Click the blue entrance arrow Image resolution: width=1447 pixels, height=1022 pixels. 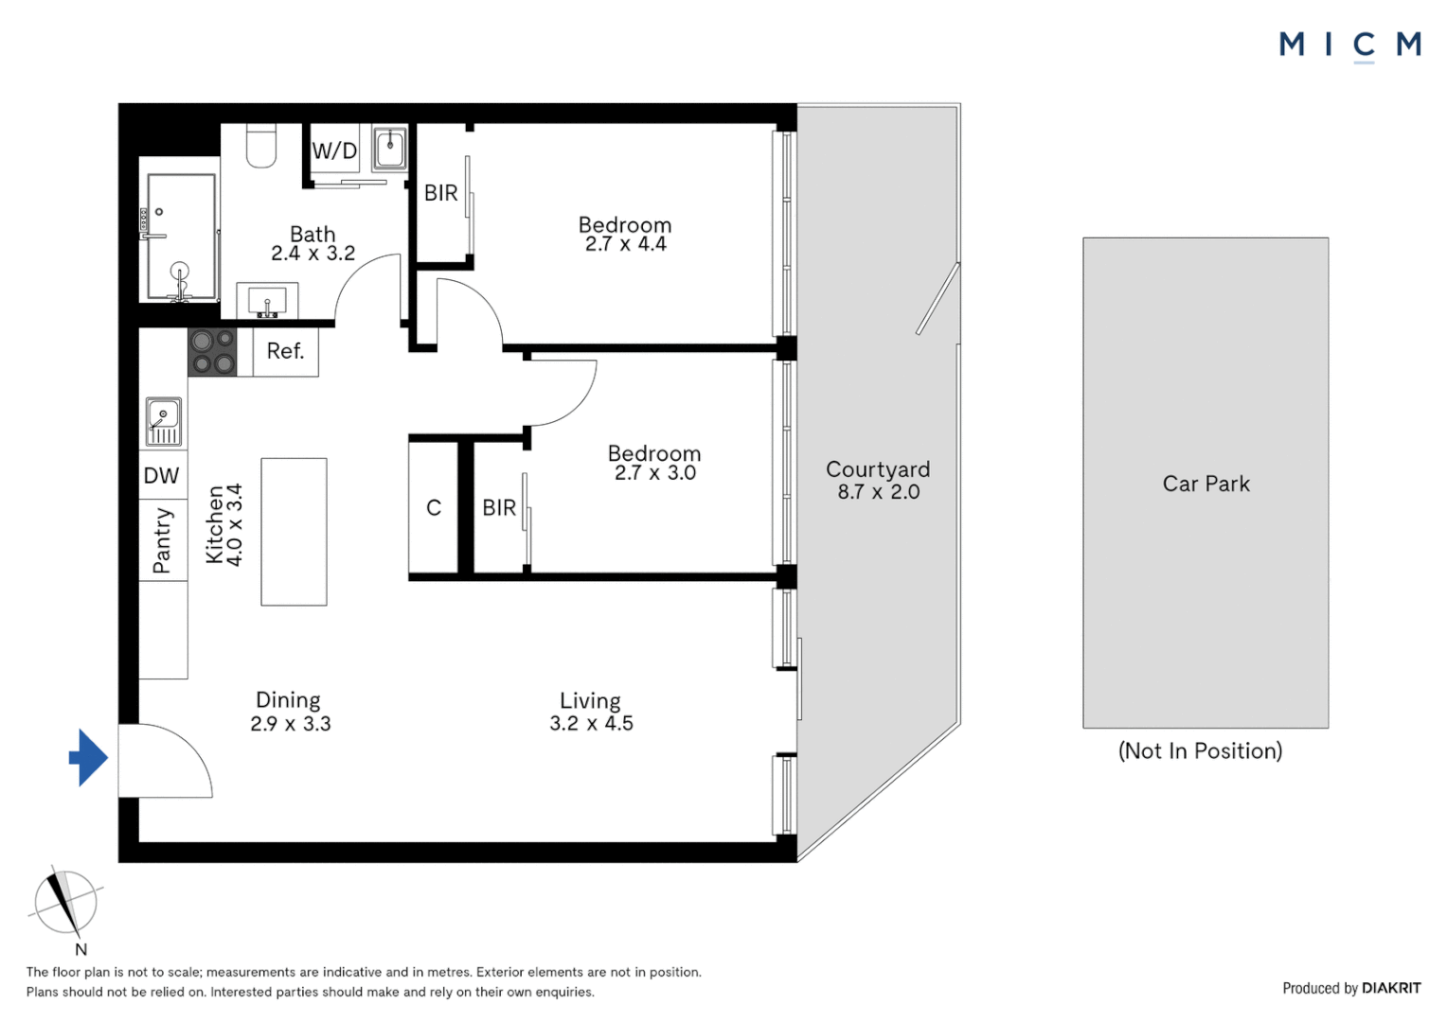pos(89,757)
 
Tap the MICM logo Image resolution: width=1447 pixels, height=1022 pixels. pos(1349,44)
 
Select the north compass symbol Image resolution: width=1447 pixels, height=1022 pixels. pos(65,903)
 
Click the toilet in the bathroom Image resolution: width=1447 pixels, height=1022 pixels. pos(261,147)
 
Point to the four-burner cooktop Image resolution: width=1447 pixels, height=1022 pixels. pos(212,352)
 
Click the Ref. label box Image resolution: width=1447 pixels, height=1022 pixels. pos(285,351)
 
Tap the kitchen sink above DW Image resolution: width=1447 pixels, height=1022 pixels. pos(163,421)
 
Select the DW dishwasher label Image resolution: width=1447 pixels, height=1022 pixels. pos(161,475)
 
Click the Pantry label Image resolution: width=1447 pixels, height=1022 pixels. pos(162,540)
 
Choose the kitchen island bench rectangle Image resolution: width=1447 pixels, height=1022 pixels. pos(294,532)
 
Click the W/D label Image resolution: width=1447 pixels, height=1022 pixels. pos(334,150)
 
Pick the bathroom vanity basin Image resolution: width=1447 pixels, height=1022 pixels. pos(267,302)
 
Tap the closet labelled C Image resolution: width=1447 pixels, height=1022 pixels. pos(434,508)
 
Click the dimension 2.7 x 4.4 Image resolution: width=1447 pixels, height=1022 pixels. pos(625,244)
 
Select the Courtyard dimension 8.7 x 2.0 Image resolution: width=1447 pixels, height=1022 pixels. pos(878,492)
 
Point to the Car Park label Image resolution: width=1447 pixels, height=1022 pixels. pos(1206,484)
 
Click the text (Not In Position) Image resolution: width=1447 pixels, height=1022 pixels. pos(1200,750)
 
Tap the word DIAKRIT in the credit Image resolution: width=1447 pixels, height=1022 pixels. pos(1390,988)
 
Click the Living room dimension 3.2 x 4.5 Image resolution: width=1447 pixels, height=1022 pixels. pos(591,724)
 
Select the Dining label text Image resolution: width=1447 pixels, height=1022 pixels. pos(288,700)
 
